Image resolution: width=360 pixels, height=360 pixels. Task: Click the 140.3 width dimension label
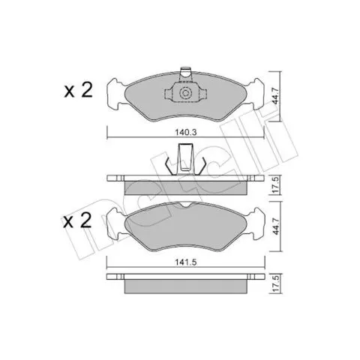[186, 132]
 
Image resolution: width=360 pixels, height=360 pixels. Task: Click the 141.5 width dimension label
[186, 262]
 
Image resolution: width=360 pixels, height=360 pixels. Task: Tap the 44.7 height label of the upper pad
[274, 96]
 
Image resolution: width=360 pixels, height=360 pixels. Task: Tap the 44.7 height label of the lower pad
[275, 226]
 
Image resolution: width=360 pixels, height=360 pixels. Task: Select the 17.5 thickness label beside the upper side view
[275, 185]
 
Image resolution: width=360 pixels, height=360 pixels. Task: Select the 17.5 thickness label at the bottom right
[275, 283]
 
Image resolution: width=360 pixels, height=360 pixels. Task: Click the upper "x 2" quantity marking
[79, 90]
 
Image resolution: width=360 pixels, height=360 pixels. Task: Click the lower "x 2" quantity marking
[77, 220]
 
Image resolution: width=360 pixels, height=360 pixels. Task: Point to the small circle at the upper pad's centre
[185, 93]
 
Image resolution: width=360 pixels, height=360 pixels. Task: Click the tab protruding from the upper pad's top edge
[185, 74]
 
